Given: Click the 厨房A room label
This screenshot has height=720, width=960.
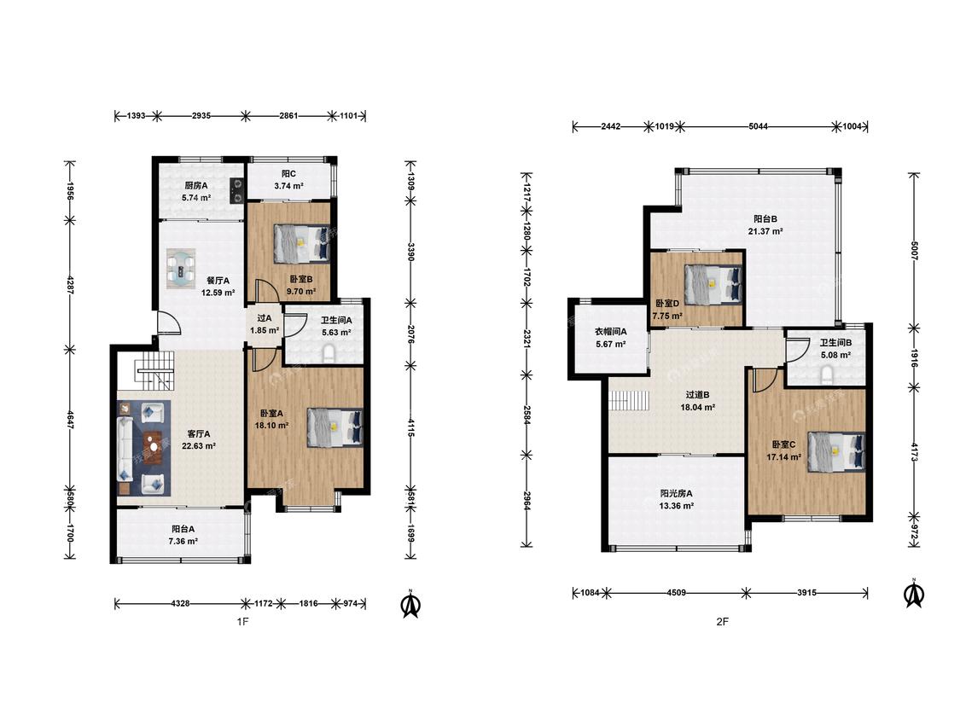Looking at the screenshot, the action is click(x=196, y=185).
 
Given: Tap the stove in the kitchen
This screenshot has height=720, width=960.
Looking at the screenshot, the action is click(x=237, y=189).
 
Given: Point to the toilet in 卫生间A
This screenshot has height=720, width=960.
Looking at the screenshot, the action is click(x=329, y=354).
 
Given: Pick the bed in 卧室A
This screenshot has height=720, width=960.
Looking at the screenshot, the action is click(x=335, y=428).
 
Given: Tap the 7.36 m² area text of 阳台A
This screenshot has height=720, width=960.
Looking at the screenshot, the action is click(x=183, y=541).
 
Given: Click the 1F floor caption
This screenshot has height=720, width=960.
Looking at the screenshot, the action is click(x=242, y=621).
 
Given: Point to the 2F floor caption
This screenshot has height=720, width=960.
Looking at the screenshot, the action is click(x=723, y=621).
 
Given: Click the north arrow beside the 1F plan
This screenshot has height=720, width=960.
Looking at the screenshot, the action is click(x=410, y=604).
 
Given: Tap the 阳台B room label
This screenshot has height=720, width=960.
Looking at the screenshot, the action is click(x=765, y=218).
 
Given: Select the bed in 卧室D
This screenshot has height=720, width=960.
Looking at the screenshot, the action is click(x=713, y=284).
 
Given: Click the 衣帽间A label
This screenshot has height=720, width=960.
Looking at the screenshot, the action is click(x=611, y=332).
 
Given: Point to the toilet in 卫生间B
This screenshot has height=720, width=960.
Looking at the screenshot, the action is click(x=828, y=375).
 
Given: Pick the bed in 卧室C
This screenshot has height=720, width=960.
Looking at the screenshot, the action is click(x=836, y=452).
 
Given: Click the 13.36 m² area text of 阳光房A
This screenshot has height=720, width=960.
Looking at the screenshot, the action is click(x=677, y=506).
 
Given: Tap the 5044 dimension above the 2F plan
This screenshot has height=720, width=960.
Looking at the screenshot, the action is click(x=758, y=127).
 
